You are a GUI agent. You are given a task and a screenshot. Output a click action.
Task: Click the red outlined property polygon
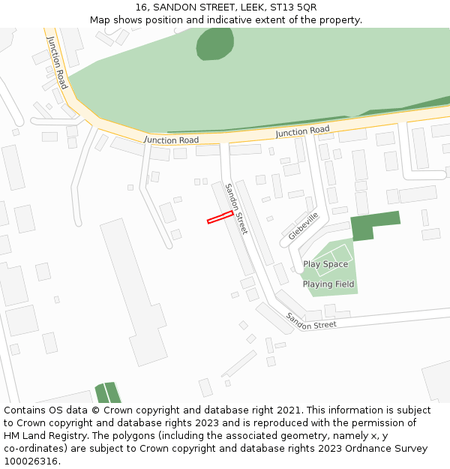[x=220, y=217]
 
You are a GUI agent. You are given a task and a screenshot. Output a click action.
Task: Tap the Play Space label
[x=325, y=264]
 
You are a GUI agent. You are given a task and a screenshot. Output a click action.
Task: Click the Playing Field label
[x=328, y=284]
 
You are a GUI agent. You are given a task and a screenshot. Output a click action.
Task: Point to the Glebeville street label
[x=303, y=226]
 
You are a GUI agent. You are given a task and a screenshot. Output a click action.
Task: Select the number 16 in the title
[x=142, y=7]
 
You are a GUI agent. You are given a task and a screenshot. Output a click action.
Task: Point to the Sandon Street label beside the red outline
[x=236, y=209]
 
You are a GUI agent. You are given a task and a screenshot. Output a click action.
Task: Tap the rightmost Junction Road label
[x=302, y=131]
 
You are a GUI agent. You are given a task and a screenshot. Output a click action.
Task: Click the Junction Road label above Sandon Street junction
[x=172, y=140]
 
